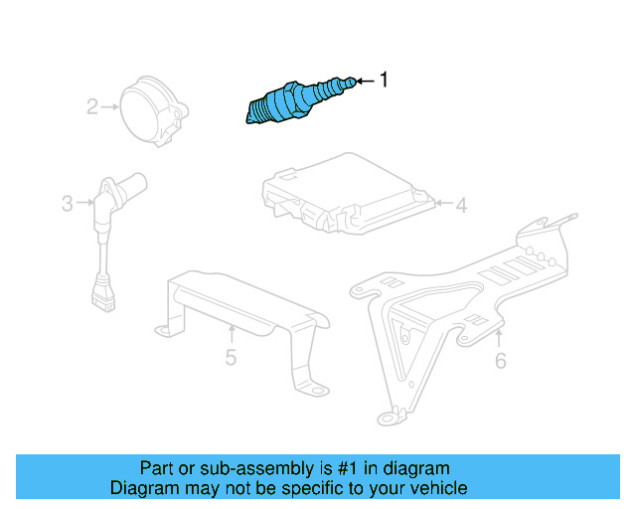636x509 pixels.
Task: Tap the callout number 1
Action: (386, 81)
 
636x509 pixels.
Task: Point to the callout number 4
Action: (461, 206)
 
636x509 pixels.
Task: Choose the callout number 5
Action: (231, 357)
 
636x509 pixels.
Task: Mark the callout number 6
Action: (500, 360)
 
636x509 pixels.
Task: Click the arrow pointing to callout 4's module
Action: (443, 206)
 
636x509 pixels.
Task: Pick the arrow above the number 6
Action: (500, 337)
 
